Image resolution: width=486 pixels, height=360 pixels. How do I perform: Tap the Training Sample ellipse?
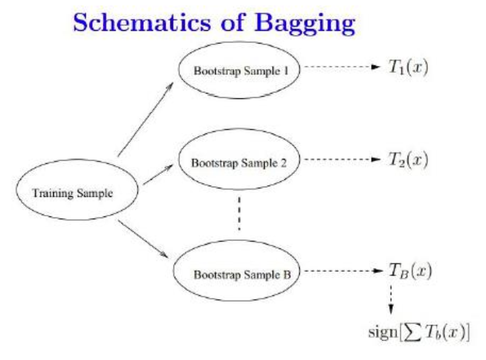(x=73, y=193)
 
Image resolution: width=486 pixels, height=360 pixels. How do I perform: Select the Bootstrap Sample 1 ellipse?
(x=241, y=69)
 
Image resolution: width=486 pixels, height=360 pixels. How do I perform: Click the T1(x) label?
(x=409, y=67)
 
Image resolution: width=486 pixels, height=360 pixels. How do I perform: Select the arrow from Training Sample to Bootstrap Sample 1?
(x=146, y=118)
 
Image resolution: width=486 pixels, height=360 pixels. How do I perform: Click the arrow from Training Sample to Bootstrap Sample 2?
(x=158, y=175)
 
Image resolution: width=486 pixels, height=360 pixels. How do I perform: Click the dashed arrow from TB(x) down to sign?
(x=391, y=298)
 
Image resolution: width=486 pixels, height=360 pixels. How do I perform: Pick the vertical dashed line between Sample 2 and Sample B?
(x=240, y=213)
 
